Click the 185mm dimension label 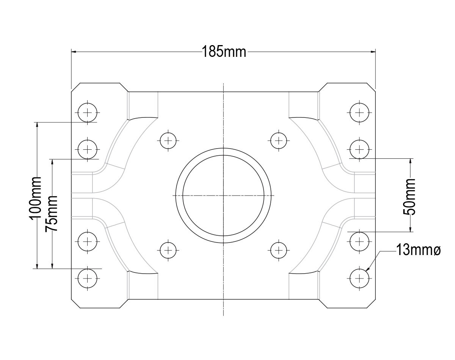coord(224,52)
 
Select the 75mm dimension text coord(52,213)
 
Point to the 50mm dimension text coord(409,197)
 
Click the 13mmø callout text coord(418,250)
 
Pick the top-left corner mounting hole coord(87,113)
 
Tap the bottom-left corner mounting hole coord(87,279)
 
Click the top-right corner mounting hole coord(359,113)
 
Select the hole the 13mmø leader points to coord(359,279)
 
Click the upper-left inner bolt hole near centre coord(168,141)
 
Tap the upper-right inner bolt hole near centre coord(279,141)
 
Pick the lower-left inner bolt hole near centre coord(168,250)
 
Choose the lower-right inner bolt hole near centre coord(279,250)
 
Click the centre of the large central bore coord(223,196)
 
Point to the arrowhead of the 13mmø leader coord(367,269)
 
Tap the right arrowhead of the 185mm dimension coord(373,52)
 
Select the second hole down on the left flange coord(87,149)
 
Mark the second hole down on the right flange coord(359,149)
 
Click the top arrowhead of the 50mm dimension coord(410,161)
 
